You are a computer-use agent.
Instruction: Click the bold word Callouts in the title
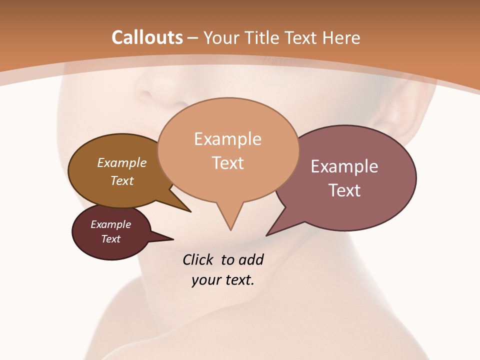[147, 37]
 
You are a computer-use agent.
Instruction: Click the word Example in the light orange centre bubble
[227, 139]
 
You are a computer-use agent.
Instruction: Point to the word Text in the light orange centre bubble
[227, 163]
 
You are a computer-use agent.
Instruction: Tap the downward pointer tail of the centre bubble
[230, 217]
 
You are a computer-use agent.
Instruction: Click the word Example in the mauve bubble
[344, 166]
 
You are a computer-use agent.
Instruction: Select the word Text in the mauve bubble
[344, 190]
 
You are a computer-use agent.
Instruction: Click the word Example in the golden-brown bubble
[122, 163]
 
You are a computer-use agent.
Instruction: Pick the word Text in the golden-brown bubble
[122, 180]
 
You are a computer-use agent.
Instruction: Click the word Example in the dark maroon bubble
[110, 224]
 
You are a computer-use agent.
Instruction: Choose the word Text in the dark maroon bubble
[110, 239]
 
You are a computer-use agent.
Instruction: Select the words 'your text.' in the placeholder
[223, 280]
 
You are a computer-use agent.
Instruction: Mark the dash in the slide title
[193, 38]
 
